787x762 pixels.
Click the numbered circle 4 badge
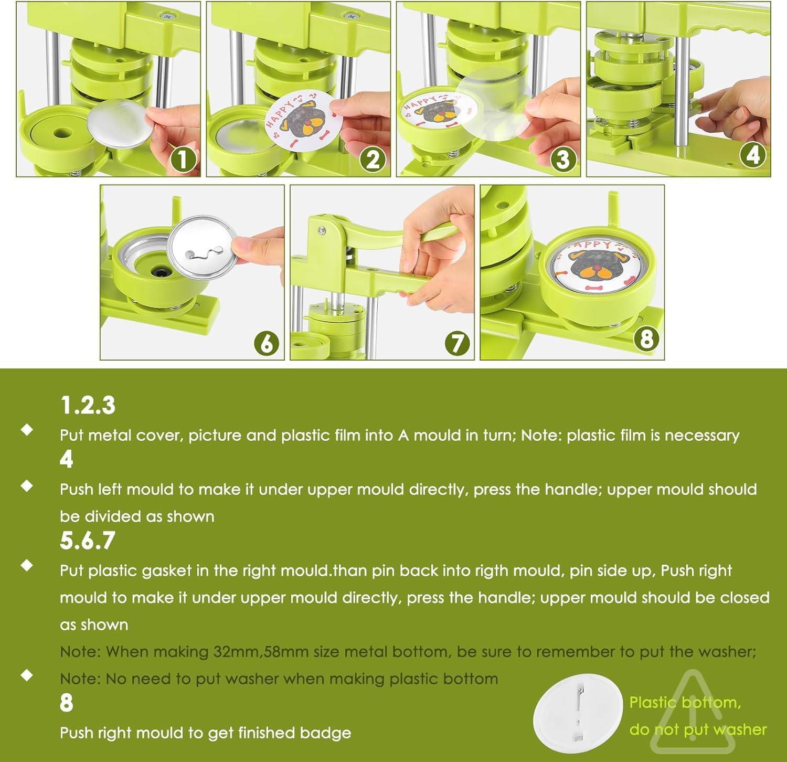point(753,155)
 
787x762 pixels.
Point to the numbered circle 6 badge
point(267,343)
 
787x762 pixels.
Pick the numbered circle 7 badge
point(457,343)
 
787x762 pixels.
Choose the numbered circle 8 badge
point(646,339)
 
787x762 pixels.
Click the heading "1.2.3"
point(88,406)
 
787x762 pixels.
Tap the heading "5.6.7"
point(87,541)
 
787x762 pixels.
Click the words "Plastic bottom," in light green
point(685,702)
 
